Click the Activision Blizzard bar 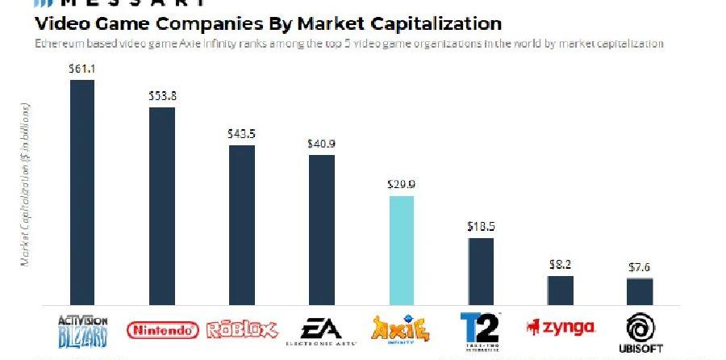click(x=82, y=191)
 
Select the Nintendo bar click(x=162, y=204)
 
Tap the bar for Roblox click(x=242, y=224)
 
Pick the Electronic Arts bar click(x=322, y=228)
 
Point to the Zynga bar click(x=561, y=289)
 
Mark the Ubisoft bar click(x=640, y=291)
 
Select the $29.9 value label click(x=402, y=185)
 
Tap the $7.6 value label click(x=640, y=267)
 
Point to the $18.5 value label click(x=481, y=228)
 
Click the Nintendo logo click(x=162, y=330)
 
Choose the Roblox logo click(x=242, y=330)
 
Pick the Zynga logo click(x=561, y=328)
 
